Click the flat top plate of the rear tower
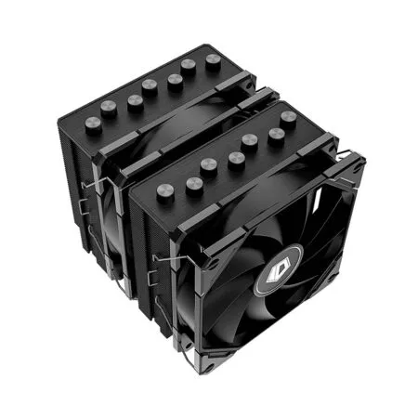[158, 93]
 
